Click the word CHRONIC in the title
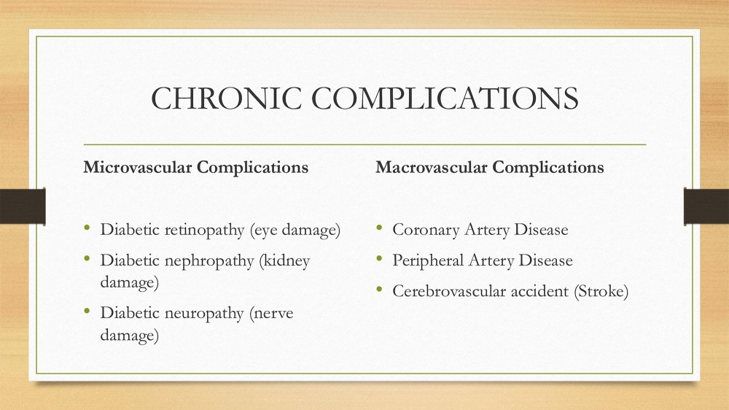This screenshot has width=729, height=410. tap(227, 98)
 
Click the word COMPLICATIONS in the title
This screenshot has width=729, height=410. tap(445, 98)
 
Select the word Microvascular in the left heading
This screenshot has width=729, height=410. tap(138, 167)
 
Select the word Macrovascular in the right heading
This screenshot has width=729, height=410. tap(432, 167)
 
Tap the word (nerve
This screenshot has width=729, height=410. tap(271, 314)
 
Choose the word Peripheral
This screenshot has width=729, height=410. tap(428, 260)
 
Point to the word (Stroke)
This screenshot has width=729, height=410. tap(601, 291)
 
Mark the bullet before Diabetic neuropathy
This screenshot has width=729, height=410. tap(87, 310)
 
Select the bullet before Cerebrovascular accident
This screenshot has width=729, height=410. tap(379, 289)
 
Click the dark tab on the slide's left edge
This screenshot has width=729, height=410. tap(23, 206)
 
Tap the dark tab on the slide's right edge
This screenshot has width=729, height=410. tap(706, 206)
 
